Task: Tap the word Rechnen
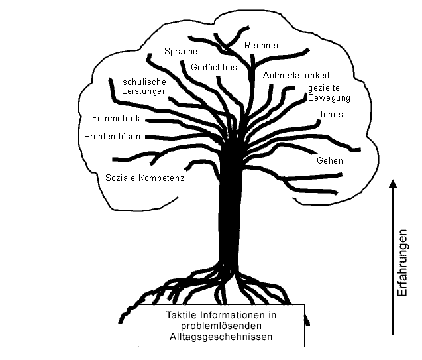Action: [x=262, y=46]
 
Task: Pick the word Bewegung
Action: [x=328, y=98]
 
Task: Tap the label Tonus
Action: [x=330, y=115]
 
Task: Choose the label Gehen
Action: [x=329, y=161]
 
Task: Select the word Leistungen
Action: [x=144, y=91]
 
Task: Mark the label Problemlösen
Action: [x=113, y=137]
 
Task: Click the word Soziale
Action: [x=121, y=178]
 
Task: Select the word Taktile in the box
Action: [x=181, y=316]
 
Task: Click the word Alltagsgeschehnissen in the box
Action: [x=221, y=337]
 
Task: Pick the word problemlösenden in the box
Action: [x=221, y=326]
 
